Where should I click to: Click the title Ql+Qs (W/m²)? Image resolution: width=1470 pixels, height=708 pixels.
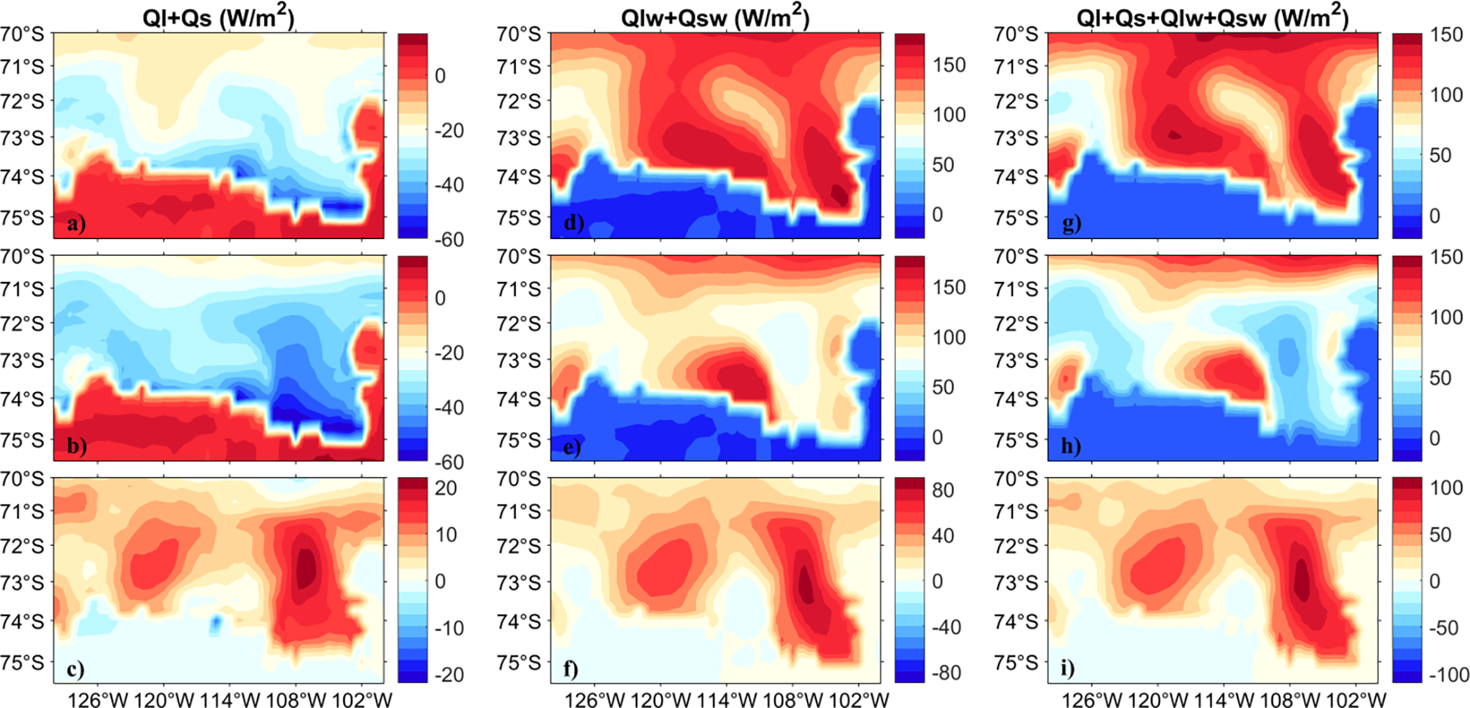(218, 17)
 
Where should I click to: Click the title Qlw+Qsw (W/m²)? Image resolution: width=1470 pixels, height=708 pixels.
(715, 17)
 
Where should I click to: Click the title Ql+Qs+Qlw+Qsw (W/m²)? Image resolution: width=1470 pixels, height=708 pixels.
(1212, 17)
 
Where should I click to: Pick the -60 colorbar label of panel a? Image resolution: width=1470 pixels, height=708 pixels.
(450, 239)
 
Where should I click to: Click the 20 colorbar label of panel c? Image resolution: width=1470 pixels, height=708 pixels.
(446, 488)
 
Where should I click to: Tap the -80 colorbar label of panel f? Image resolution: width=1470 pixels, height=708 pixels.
(946, 673)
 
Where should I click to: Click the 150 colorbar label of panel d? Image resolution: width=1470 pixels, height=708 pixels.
(949, 65)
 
